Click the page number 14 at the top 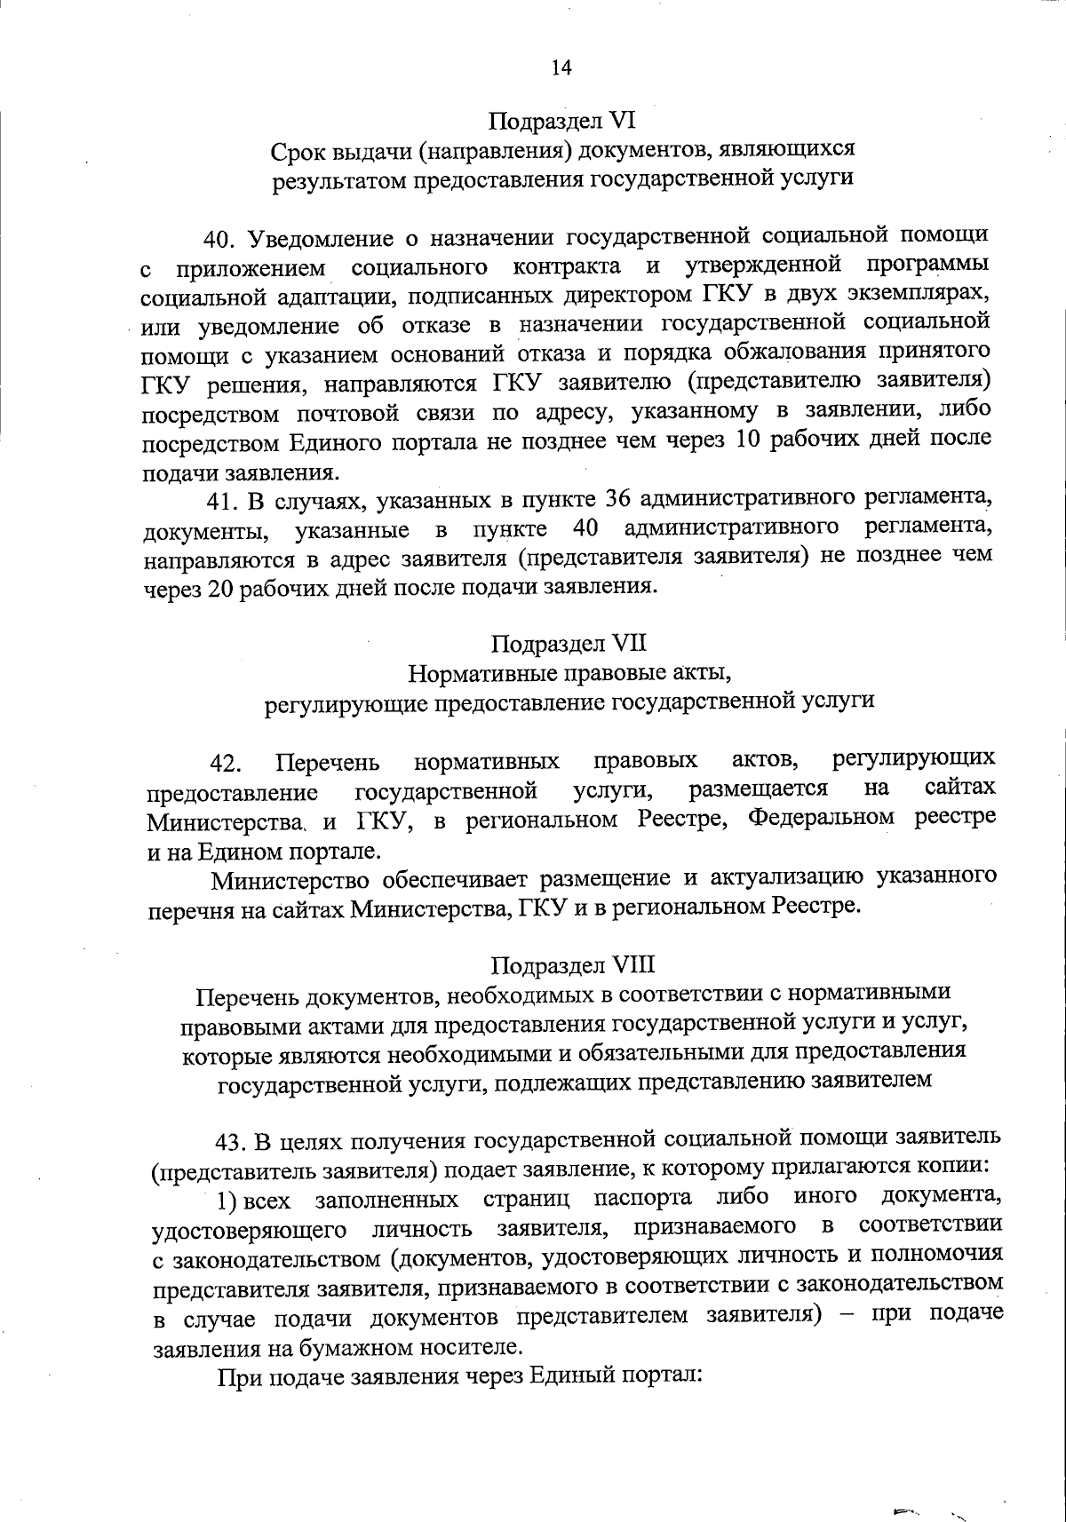561,68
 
